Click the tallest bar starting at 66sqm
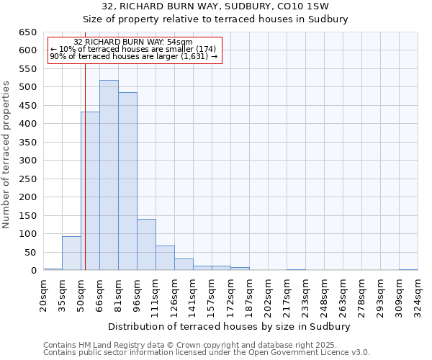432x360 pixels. click(109, 175)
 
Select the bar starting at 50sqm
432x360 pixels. click(90, 191)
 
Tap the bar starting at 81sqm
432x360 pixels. click(127, 181)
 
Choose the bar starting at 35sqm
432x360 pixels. click(71, 253)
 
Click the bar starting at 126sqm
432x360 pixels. click(184, 264)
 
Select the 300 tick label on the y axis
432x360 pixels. click(27, 161)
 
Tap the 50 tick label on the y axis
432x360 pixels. click(30, 252)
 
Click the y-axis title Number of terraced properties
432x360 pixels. click(7, 155)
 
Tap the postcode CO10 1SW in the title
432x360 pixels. click(305, 6)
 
